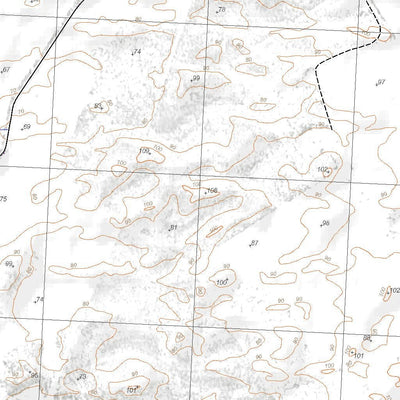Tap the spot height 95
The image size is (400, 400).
(x=98, y=105)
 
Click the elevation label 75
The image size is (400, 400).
(x=4, y=199)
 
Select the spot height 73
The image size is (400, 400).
(x=81, y=377)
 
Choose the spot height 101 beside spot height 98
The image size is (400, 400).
(x=357, y=355)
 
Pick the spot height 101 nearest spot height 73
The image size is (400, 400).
(x=131, y=389)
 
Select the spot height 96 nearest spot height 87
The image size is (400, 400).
(x=323, y=224)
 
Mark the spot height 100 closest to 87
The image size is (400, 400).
(x=222, y=283)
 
